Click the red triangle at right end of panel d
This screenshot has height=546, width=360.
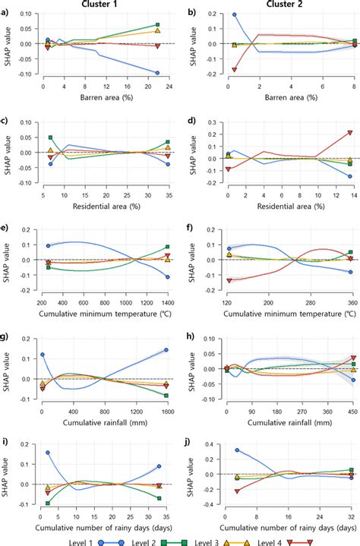(350, 133)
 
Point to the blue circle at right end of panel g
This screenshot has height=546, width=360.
(166, 350)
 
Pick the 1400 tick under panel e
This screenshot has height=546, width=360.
(166, 302)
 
